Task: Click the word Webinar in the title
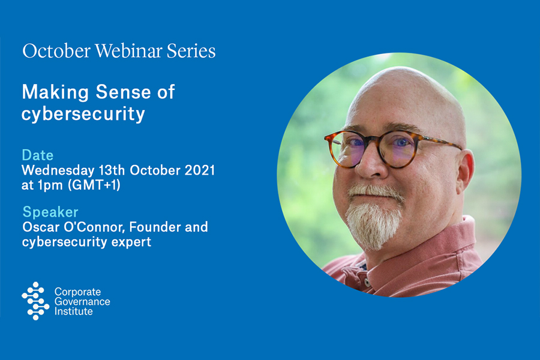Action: tap(128, 50)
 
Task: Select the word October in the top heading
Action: tap(56, 50)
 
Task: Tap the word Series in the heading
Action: tap(191, 50)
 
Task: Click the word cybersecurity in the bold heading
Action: tap(83, 114)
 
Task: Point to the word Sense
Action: tap(123, 92)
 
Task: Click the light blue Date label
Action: tap(38, 155)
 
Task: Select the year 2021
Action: tap(200, 170)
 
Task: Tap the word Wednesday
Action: tap(58, 170)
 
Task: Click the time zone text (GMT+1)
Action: tap(94, 185)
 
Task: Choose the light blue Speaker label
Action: tap(50, 212)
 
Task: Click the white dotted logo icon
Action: tap(35, 301)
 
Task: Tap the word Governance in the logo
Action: tap(82, 302)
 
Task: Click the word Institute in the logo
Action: tap(74, 311)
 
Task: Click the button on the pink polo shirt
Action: tap(367, 283)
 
